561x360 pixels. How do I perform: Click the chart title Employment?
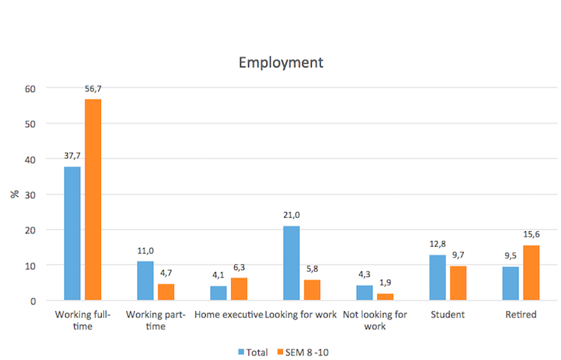click(x=280, y=62)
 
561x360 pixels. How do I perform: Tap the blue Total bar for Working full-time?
click(x=73, y=234)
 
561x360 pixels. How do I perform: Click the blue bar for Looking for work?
click(x=292, y=263)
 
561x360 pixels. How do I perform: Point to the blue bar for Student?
click(x=438, y=278)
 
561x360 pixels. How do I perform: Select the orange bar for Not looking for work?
click(x=384, y=297)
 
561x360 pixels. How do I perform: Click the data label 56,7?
click(x=93, y=89)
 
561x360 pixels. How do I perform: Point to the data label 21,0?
click(x=292, y=216)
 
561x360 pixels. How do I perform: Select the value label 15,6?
click(x=530, y=235)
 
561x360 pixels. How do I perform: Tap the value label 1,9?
click(x=384, y=284)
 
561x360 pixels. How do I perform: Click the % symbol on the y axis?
click(x=14, y=194)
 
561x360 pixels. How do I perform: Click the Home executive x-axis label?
click(x=228, y=315)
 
